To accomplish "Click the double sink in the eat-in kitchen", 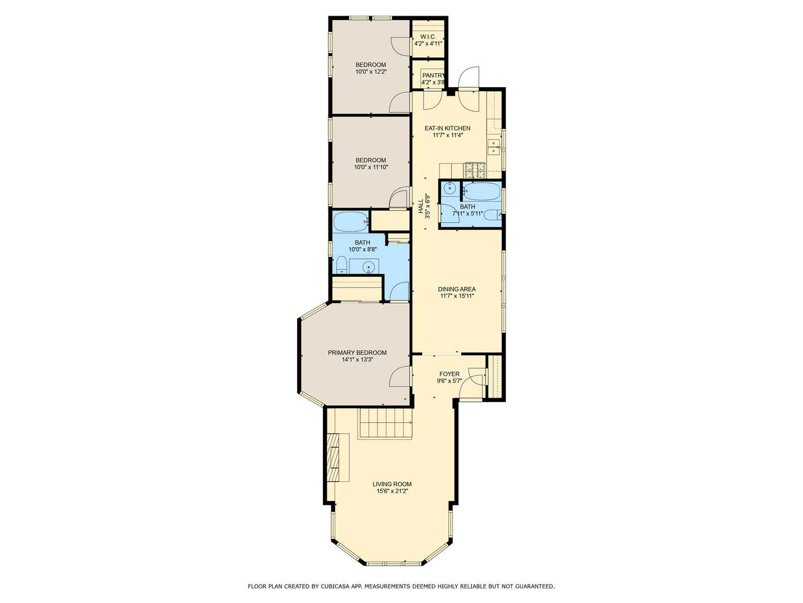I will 494,147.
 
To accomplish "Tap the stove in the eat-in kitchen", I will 475,170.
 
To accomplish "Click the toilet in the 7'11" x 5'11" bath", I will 491,216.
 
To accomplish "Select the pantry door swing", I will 432,99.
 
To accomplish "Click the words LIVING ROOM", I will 392,484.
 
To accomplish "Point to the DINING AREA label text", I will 457,289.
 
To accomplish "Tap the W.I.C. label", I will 428,36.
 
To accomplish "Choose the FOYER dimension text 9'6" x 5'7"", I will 449,381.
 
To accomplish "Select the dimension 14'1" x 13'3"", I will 357,360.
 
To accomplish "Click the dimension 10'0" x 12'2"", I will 371,71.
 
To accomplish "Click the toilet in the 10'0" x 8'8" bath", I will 341,265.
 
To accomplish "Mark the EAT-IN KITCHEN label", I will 447,128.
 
